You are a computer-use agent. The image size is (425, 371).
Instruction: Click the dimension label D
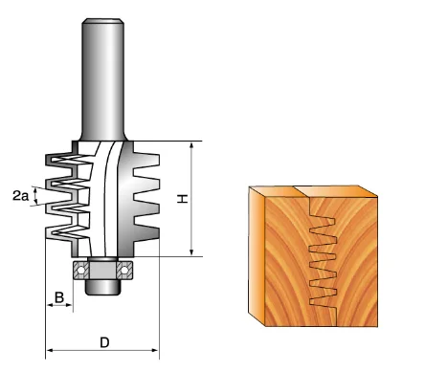point(104,342)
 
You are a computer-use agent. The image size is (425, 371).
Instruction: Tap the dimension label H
point(183,199)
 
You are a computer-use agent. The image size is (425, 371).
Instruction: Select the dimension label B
point(59,297)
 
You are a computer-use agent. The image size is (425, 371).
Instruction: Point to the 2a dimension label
point(20,195)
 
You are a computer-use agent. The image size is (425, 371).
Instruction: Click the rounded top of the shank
point(102,21)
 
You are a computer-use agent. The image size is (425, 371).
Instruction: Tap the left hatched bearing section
point(81,271)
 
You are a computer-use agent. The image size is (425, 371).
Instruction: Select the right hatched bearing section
point(124,271)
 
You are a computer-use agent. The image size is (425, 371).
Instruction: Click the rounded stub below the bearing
point(102,287)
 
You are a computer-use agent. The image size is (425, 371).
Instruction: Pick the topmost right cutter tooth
point(146,160)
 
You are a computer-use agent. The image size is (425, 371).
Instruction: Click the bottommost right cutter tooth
point(146,232)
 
